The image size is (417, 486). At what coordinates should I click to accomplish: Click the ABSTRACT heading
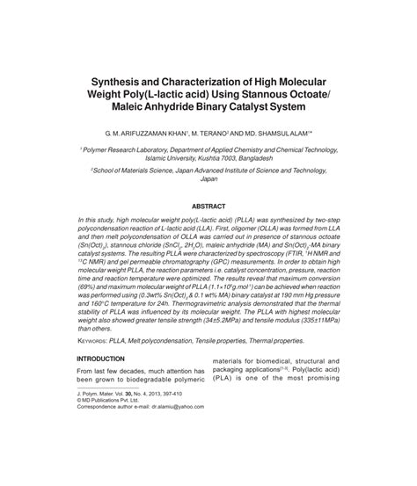click(x=208, y=207)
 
